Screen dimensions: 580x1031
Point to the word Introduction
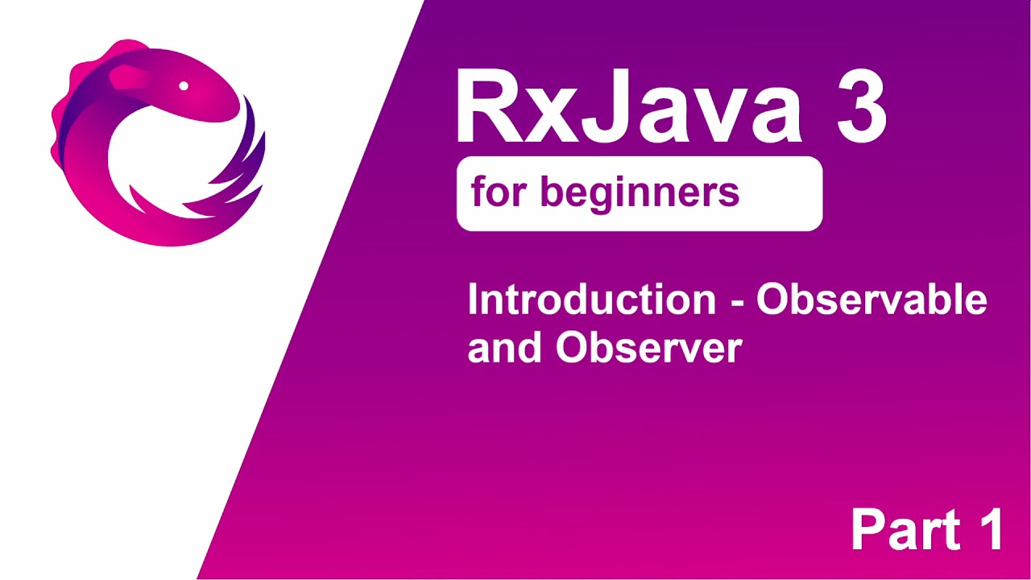tap(591, 300)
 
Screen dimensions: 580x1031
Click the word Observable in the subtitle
tap(872, 300)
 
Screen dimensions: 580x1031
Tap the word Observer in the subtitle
tap(648, 348)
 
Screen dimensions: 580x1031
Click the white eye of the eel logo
tap(184, 85)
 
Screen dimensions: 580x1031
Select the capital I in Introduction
tap(473, 300)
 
